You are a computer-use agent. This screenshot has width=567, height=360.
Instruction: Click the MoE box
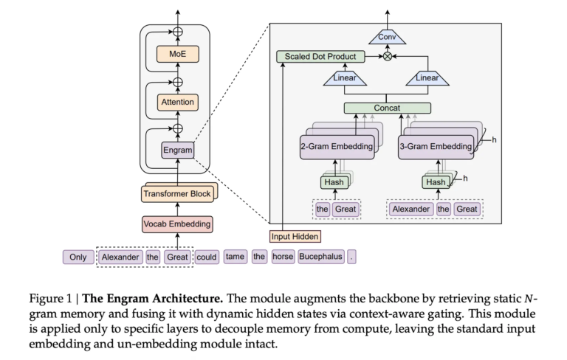(x=177, y=54)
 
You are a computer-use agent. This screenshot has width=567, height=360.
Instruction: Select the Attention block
(x=177, y=103)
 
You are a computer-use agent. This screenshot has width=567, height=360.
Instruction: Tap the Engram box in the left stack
(x=177, y=150)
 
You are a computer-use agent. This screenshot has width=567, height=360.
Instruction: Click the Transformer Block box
(x=177, y=194)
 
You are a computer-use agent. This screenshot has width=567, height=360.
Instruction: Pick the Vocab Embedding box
(x=177, y=223)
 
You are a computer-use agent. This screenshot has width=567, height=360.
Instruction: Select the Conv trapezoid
(x=387, y=36)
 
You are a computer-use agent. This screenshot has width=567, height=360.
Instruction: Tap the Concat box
(x=387, y=108)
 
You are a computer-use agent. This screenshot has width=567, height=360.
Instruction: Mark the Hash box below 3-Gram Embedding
(x=434, y=182)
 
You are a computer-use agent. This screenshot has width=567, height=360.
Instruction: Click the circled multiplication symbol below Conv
(x=387, y=56)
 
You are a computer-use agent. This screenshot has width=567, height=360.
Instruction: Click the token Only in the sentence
(x=78, y=257)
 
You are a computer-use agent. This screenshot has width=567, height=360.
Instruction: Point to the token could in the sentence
(x=207, y=257)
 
